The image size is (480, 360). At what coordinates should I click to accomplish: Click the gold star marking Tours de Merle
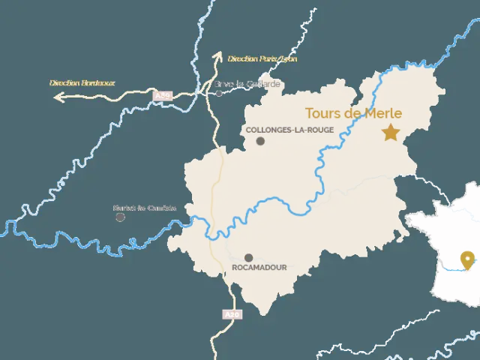(390, 133)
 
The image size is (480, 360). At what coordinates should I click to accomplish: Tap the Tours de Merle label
(352, 114)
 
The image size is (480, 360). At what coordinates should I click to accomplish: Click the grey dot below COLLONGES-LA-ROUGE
(260, 141)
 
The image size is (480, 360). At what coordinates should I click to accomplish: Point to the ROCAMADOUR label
(260, 267)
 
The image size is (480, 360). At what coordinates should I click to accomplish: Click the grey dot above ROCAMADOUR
(248, 257)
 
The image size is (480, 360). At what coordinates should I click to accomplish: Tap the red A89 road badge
(162, 96)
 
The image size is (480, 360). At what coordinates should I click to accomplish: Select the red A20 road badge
(232, 314)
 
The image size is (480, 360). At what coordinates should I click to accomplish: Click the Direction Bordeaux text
(82, 82)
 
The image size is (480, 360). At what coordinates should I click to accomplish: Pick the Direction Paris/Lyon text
(263, 58)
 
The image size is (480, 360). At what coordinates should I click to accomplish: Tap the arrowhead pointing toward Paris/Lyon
(217, 55)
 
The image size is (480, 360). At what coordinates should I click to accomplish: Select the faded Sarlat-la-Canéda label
(144, 208)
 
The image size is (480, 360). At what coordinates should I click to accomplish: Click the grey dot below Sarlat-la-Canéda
(120, 217)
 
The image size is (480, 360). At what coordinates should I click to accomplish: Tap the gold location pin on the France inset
(469, 259)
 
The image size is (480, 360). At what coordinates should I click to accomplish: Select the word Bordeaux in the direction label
(97, 82)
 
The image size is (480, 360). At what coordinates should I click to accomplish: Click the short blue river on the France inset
(454, 267)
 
